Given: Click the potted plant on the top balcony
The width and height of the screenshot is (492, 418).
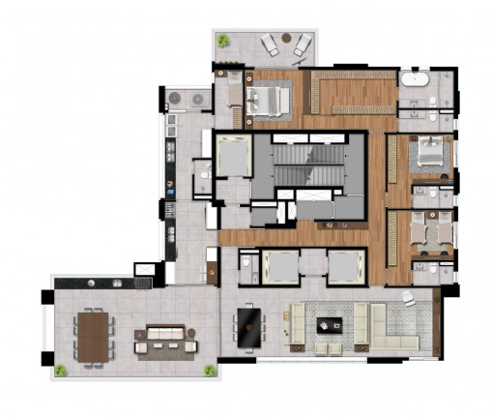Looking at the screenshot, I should [x=223, y=40].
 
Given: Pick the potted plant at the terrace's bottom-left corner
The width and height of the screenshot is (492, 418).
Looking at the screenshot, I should [x=61, y=371].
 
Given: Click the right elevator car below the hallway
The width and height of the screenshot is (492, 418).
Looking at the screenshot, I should [x=344, y=264].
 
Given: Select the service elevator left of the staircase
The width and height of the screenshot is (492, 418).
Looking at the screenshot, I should [x=232, y=157].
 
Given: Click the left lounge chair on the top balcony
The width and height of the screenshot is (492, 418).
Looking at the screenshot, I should [x=269, y=43].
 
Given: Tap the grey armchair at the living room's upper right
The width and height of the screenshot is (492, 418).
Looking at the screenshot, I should [x=409, y=299].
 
